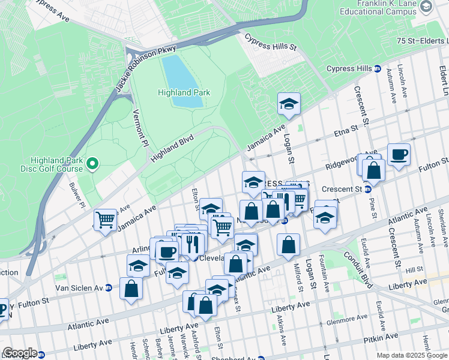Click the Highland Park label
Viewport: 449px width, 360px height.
[184, 92]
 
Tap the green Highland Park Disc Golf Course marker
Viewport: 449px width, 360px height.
[92, 163]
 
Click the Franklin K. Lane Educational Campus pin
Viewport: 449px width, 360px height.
[426, 7]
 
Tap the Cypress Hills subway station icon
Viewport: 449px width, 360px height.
[378, 68]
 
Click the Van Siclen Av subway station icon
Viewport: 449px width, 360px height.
[107, 288]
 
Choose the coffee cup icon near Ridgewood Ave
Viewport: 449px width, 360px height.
[399, 155]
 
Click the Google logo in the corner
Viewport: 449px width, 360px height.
[19, 353]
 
